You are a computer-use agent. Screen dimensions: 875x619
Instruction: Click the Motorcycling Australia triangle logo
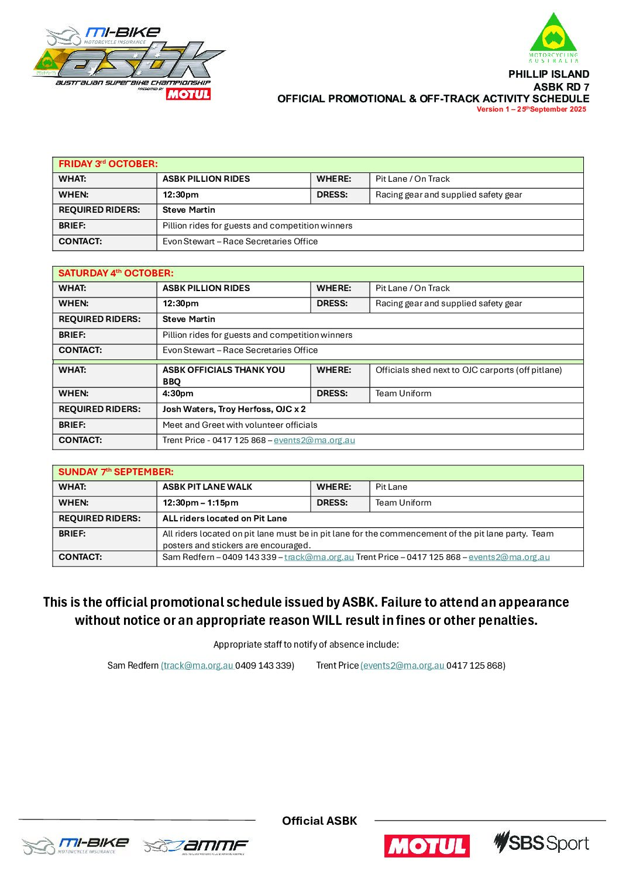(553, 37)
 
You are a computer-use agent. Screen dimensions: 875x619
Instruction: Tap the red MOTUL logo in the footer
(427, 845)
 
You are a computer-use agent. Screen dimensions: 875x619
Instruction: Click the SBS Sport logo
(541, 843)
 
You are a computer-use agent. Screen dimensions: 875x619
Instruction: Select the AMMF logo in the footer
(196, 846)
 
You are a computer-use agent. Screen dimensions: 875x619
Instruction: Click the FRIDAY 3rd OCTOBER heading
(108, 164)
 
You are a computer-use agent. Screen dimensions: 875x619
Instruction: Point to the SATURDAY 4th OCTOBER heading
(116, 273)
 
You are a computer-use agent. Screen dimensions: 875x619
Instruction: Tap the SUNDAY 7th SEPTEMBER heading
(116, 472)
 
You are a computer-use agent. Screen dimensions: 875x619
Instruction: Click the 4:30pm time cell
(178, 393)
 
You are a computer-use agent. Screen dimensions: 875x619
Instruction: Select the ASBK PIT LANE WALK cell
(207, 487)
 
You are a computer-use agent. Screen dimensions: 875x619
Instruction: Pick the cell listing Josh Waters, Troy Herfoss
(234, 409)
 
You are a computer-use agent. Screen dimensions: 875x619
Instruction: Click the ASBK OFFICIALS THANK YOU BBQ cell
(223, 375)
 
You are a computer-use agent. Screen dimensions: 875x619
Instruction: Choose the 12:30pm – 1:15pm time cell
(200, 503)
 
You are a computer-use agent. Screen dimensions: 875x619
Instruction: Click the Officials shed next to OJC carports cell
(468, 370)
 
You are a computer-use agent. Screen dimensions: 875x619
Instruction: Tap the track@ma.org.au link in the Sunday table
(319, 557)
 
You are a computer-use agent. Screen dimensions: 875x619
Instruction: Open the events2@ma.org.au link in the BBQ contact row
(314, 440)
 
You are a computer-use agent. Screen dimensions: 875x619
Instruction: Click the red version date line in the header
(531, 109)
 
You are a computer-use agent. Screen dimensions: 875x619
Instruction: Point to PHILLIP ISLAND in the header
(548, 74)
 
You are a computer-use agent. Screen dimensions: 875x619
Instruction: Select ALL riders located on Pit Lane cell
(225, 518)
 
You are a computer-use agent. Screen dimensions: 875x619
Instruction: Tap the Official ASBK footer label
(319, 821)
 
